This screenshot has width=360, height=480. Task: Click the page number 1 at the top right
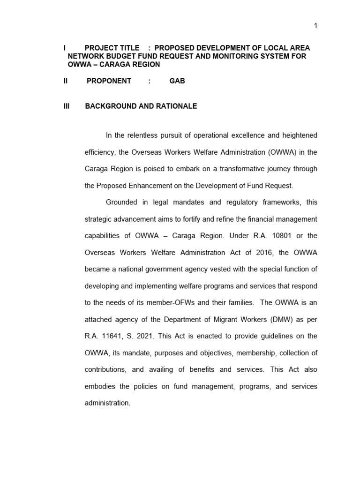click(x=315, y=26)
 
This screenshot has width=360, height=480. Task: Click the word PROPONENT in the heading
click(x=109, y=81)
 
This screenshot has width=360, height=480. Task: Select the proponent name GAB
click(x=177, y=81)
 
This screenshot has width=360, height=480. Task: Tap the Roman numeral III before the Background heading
click(x=66, y=106)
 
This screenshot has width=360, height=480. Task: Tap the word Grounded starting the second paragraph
click(x=121, y=202)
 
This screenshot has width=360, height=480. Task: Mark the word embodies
click(x=100, y=386)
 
